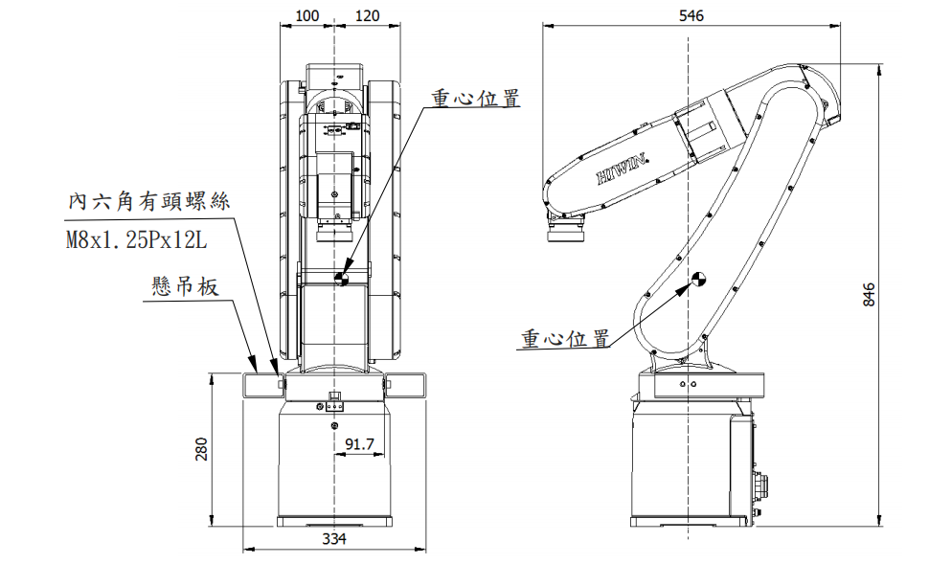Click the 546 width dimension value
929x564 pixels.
691,15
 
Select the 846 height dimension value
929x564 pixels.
869,294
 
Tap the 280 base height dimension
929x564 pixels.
201,448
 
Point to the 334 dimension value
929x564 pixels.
333,539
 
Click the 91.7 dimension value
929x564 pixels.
358,444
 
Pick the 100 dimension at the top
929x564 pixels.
307,15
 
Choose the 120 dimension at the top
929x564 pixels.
367,15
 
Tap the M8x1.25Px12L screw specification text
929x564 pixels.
136,240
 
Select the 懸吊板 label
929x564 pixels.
186,286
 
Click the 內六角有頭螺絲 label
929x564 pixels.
149,202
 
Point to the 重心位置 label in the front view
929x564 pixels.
475,98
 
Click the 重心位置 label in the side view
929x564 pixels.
566,339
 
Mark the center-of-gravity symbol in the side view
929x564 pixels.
699,279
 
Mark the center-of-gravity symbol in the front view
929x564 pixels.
342,279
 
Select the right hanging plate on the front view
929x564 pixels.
404,383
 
